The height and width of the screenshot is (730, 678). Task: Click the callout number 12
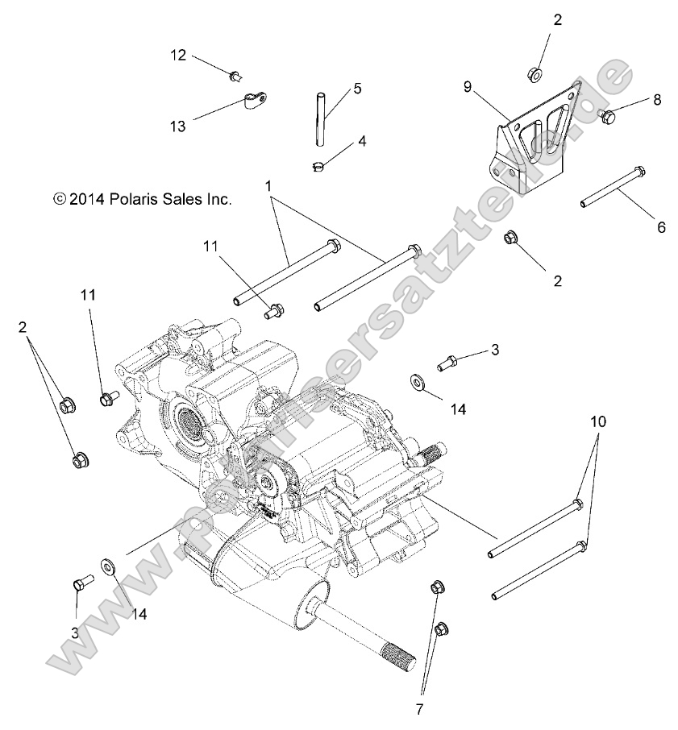click(177, 55)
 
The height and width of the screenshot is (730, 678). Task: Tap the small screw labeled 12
click(234, 77)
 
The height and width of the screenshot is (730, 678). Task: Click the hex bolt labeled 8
click(609, 118)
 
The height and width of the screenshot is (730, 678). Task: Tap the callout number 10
click(597, 421)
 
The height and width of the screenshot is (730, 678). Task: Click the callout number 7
click(418, 709)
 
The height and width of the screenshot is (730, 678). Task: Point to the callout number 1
click(268, 185)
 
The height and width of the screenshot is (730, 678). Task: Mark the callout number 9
click(468, 86)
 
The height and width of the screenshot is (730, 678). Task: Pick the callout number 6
click(660, 227)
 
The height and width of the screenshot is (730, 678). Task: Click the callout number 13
click(177, 126)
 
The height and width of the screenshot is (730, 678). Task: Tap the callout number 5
click(357, 88)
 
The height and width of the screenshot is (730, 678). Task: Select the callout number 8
click(656, 100)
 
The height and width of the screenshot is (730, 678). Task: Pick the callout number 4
click(362, 140)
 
